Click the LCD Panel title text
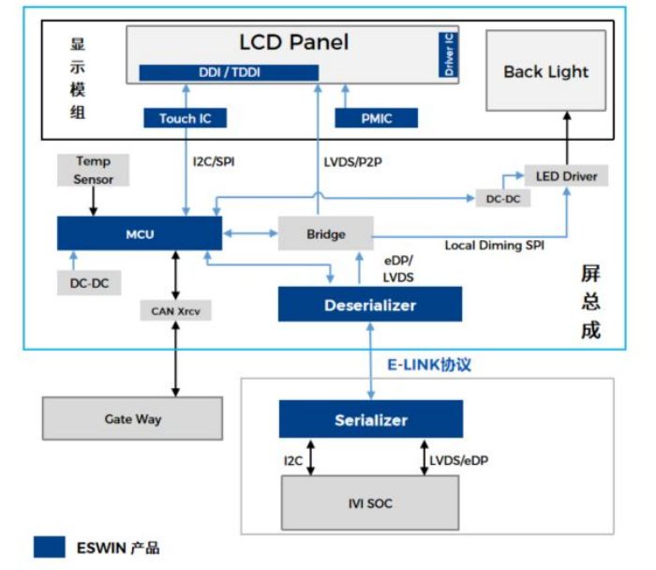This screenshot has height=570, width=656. (x=293, y=42)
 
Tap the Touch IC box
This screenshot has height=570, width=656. (x=185, y=118)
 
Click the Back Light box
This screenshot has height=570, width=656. (x=545, y=71)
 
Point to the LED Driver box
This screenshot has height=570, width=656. (x=565, y=175)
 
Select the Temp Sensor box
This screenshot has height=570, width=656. (x=93, y=169)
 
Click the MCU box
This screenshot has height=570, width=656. (x=139, y=233)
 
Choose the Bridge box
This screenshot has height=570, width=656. (x=326, y=233)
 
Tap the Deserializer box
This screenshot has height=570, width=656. (x=370, y=305)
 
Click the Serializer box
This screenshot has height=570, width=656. (x=370, y=419)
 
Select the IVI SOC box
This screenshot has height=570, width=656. (x=370, y=503)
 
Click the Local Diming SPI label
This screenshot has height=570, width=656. (x=493, y=246)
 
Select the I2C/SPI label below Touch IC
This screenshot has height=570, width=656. (x=211, y=161)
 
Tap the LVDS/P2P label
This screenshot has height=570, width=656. (x=351, y=161)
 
